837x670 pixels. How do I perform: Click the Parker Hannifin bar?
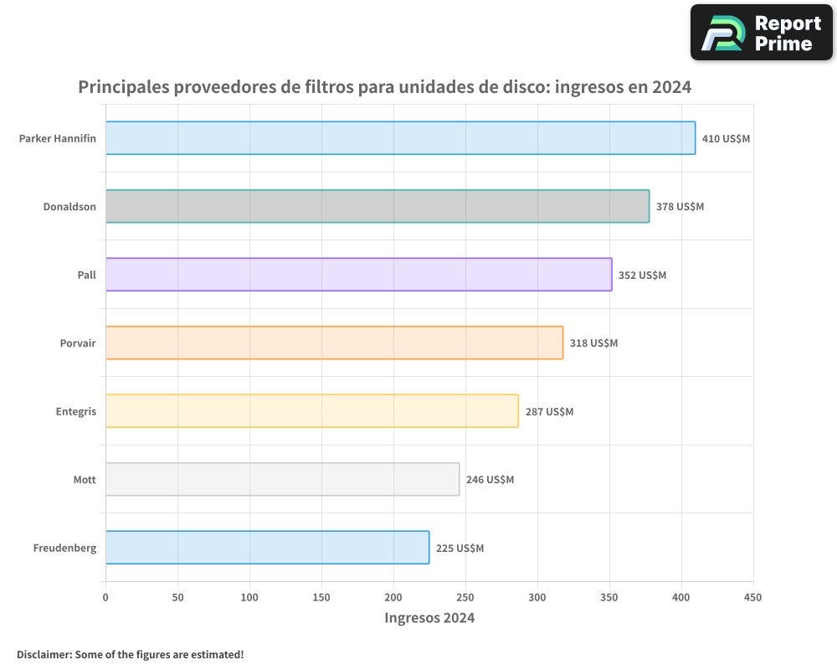[400, 138]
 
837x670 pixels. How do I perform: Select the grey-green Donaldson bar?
[377, 206]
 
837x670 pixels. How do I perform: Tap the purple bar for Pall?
[358, 275]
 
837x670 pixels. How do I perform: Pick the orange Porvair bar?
[334, 343]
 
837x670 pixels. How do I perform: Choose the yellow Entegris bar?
[312, 411]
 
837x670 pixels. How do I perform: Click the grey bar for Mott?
[282, 479]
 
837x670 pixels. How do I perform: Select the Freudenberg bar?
[267, 548]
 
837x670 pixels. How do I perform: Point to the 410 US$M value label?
[726, 138]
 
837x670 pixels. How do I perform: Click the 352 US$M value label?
[642, 275]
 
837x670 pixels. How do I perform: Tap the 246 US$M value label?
[490, 480]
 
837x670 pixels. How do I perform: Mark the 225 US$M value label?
[460, 549]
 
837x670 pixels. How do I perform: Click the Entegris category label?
[76, 411]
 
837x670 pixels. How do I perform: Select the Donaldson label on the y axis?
[69, 206]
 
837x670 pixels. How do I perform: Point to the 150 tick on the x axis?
[321, 597]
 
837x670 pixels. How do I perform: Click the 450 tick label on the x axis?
[752, 597]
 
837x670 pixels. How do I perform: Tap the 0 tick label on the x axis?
[105, 597]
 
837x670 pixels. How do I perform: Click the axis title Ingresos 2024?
[429, 618]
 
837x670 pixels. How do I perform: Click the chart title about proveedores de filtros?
[384, 87]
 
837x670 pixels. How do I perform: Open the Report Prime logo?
[761, 33]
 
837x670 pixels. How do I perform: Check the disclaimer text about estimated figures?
[131, 654]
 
